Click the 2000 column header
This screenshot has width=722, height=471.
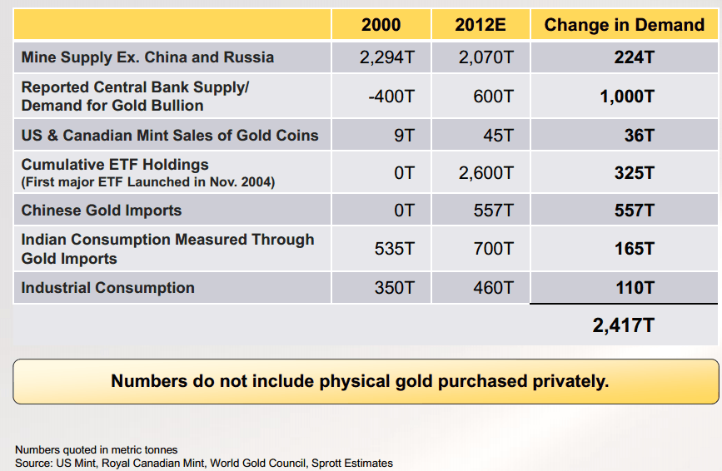[x=381, y=25]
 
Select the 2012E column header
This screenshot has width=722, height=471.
[x=481, y=25]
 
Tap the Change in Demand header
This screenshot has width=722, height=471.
[x=624, y=25]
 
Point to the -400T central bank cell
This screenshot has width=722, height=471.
[x=391, y=97]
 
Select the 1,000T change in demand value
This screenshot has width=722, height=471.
[x=627, y=97]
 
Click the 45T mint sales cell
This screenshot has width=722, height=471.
[x=498, y=135]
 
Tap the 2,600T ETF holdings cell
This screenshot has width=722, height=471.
[x=486, y=173]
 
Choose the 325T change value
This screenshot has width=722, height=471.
[x=634, y=173]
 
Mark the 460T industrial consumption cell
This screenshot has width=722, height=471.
[x=493, y=288]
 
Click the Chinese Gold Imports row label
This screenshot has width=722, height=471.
[x=102, y=211]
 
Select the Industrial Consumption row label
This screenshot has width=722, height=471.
[x=108, y=288]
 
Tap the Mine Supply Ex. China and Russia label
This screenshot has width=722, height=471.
[x=147, y=57]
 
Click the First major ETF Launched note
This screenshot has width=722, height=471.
[x=148, y=181]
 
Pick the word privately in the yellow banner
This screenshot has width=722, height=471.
[x=570, y=381]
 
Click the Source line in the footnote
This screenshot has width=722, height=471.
[x=204, y=463]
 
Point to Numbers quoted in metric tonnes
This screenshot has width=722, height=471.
[x=97, y=450]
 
